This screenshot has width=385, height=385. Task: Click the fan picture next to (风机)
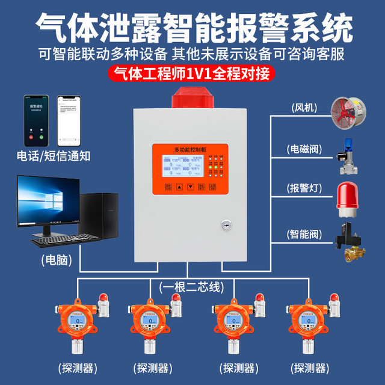point(348,108)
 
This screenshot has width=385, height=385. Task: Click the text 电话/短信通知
point(54,156)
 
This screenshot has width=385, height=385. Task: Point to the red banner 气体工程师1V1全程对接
point(192,75)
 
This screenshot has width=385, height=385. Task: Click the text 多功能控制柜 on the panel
point(182,148)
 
